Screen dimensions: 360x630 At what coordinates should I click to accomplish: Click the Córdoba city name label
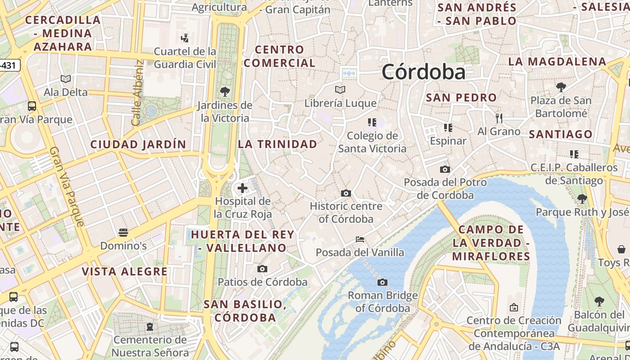423,72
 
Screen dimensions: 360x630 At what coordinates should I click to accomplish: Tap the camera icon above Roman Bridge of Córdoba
382,282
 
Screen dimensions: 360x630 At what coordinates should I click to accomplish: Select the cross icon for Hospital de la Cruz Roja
243,188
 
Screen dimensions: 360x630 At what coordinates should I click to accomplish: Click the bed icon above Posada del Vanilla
360,239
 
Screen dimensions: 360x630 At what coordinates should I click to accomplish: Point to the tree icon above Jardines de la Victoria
225,92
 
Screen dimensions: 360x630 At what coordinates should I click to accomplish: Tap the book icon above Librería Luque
340,90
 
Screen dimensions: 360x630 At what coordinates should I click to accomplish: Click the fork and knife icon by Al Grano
499,118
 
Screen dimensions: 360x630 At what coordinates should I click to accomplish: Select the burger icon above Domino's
123,233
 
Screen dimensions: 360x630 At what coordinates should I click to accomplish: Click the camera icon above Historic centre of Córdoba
346,193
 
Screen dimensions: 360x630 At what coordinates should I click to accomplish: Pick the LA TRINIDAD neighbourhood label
278,144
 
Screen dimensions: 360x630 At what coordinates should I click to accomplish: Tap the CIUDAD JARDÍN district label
138,144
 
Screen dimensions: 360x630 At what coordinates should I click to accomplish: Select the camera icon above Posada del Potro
445,169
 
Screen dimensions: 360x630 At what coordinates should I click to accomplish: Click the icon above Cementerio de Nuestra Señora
150,326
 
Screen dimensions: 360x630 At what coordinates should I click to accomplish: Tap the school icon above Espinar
448,128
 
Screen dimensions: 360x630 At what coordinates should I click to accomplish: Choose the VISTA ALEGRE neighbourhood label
125,271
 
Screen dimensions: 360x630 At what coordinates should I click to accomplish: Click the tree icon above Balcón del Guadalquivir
599,301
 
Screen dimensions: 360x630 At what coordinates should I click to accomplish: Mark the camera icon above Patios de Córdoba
262,269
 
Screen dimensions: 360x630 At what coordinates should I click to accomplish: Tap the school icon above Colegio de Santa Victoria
372,122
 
